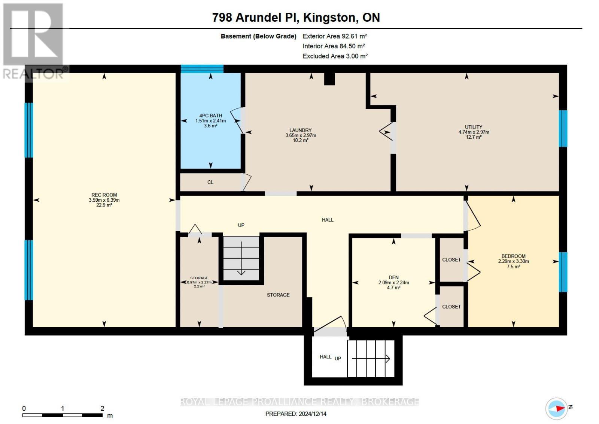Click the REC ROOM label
(104, 195)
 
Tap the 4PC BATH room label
(210, 116)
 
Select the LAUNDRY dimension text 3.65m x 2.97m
(301, 135)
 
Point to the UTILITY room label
(474, 127)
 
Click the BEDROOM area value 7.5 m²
(513, 267)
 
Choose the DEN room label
(393, 278)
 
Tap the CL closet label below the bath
(210, 182)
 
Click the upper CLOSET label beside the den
(451, 260)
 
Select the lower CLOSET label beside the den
(451, 307)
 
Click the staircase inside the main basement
(241, 258)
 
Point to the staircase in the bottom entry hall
(371, 359)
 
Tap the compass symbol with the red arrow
(556, 408)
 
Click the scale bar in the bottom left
(62, 415)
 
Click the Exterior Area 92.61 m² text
(334, 36)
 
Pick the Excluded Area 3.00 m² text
(335, 56)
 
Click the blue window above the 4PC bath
(202, 69)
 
